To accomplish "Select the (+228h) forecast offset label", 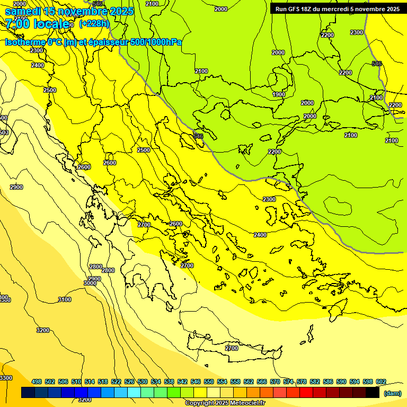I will pos(94,24).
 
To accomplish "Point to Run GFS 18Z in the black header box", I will pos(295,9).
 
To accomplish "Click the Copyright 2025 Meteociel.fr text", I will pos(225,403).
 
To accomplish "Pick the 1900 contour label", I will pos(279,94).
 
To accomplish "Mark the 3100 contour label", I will pos(64,300).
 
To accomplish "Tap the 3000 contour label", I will pos(90,283).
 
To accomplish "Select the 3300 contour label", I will pos(6,378).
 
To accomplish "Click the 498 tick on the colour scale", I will pos(37,382).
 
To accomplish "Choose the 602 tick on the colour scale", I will pos(381,382).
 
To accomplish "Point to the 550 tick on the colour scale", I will pos(209,382).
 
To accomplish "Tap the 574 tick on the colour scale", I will pos(288,382).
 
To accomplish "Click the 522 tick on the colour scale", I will pos(116,382).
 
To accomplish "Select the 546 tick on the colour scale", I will pos(196,382).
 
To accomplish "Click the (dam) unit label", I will pos(392,393).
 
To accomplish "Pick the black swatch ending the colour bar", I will pos(373,392).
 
